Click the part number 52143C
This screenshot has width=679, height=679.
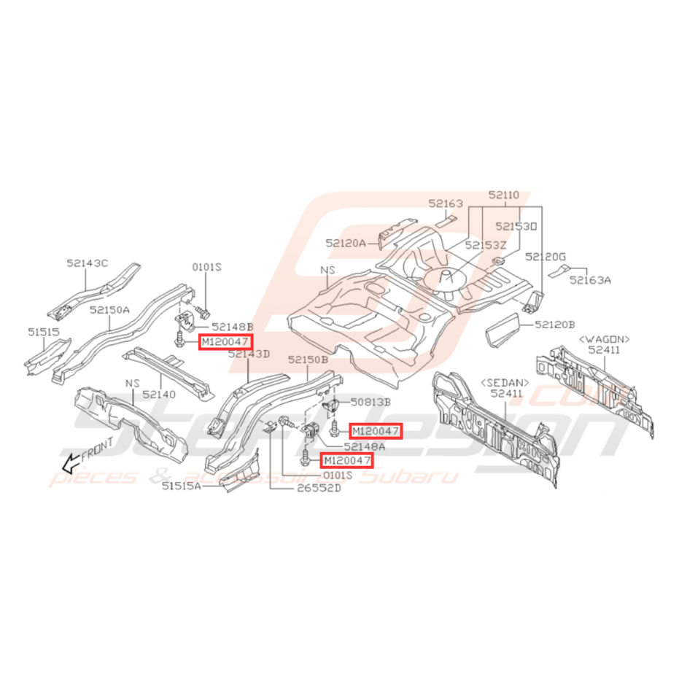point(87,263)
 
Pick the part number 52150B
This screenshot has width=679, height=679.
point(309,360)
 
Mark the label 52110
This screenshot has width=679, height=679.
point(504,195)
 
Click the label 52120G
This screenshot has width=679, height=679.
point(546,256)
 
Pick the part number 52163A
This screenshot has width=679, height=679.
point(591,279)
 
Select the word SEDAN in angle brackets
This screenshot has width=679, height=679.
point(505,381)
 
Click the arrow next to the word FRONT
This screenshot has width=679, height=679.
point(70,462)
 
